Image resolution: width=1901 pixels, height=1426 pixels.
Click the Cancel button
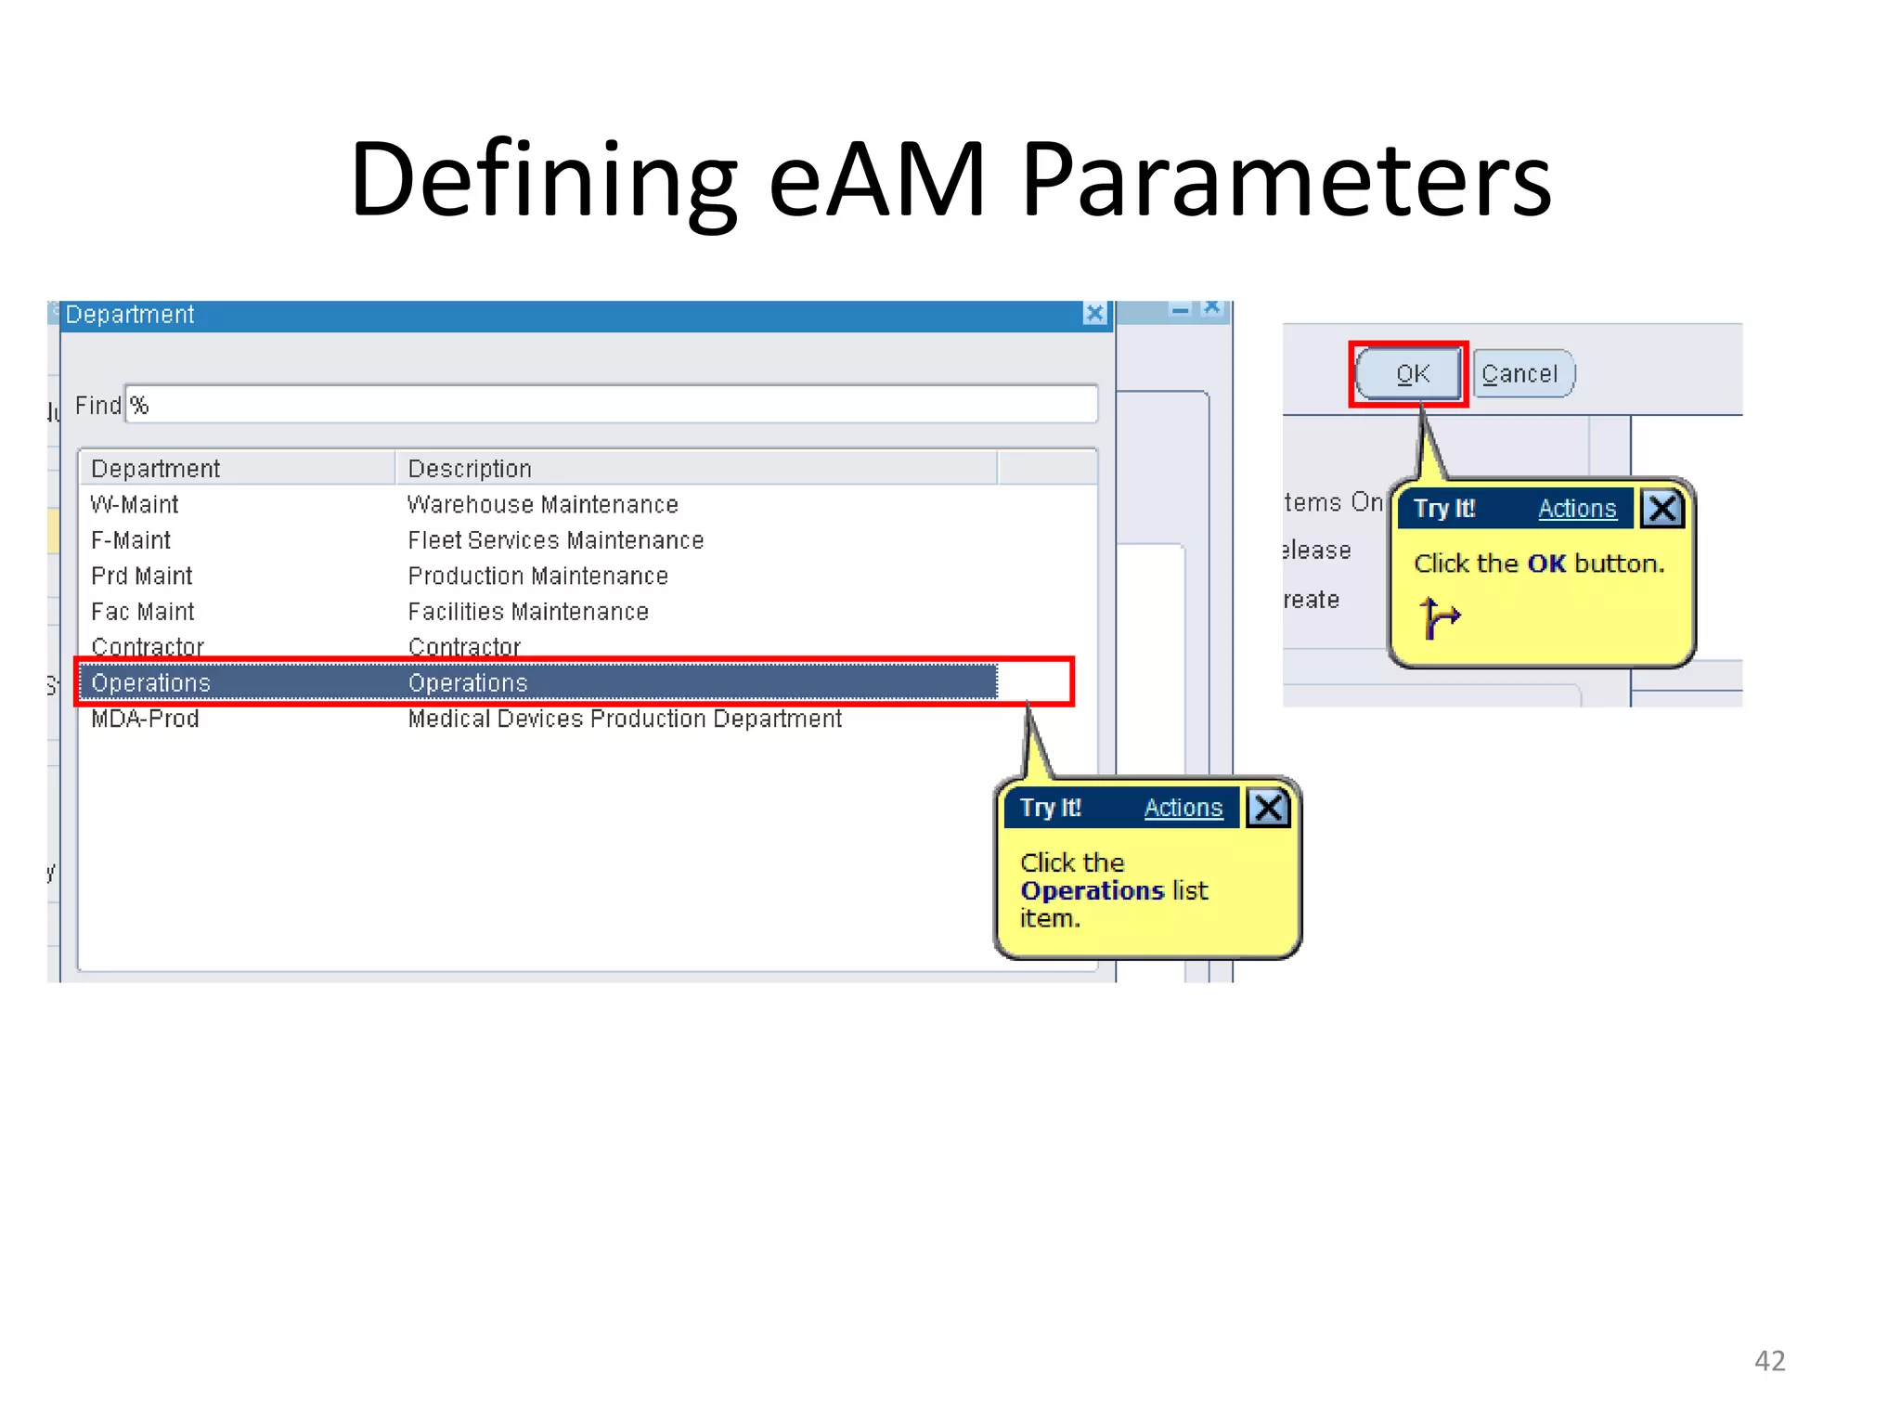pos(1521,374)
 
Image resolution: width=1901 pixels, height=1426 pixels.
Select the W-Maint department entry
pos(135,505)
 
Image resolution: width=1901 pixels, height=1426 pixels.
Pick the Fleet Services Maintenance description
pos(555,540)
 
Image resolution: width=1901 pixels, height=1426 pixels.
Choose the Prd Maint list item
pos(141,577)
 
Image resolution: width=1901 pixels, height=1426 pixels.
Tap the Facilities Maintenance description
pos(527,612)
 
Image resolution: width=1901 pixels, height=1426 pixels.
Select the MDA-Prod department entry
pos(145,719)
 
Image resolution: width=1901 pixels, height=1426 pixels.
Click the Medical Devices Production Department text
pos(624,719)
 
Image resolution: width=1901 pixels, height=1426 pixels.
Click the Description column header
pos(470,469)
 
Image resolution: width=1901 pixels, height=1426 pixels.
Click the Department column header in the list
pos(155,469)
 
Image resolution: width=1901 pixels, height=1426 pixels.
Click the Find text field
pos(611,406)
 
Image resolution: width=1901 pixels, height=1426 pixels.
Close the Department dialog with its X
pos(1094,315)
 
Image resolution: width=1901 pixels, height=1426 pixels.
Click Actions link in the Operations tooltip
pos(1183,808)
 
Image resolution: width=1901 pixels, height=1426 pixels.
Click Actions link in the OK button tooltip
pos(1576,509)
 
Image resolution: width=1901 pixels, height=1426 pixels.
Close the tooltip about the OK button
pos(1662,509)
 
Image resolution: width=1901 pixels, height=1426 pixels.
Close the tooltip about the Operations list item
pos(1268,808)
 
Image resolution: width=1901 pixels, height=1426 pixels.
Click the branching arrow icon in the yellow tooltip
pos(1439,618)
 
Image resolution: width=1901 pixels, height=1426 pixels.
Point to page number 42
pos(1769,1360)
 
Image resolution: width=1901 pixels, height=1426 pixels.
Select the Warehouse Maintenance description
pos(542,505)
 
